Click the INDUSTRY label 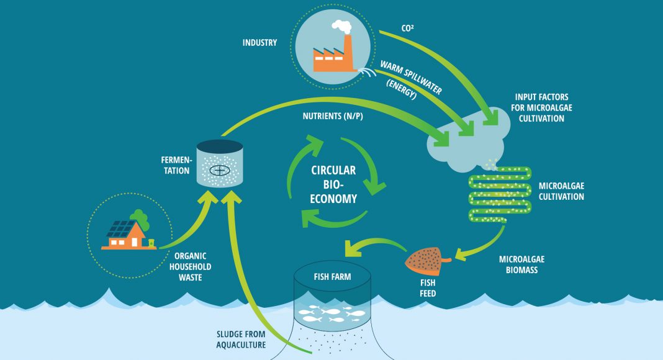tap(259, 43)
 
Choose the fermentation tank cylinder tap(219, 164)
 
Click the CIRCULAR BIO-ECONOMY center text tap(334, 184)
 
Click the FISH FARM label tap(332, 277)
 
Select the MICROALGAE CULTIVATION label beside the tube tap(561, 191)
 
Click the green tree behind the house tap(140, 218)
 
